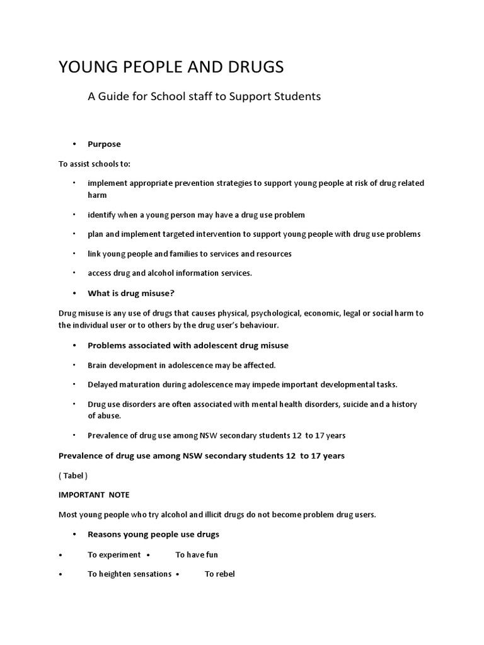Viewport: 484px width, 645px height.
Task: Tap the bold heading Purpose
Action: (104, 144)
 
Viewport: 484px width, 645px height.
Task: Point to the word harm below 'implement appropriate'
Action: (97, 195)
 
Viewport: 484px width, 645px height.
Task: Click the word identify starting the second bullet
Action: (101, 215)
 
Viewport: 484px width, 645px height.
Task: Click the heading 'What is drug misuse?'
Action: (130, 293)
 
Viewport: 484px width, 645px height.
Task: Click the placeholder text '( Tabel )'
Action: (72, 476)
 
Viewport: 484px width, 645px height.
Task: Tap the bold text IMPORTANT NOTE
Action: (93, 495)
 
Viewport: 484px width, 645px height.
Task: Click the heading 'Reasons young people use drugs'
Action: (153, 534)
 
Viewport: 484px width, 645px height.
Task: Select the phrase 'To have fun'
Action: (197, 555)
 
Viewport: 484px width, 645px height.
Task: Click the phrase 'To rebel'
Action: (219, 574)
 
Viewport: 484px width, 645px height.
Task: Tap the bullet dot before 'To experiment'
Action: (60, 555)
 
